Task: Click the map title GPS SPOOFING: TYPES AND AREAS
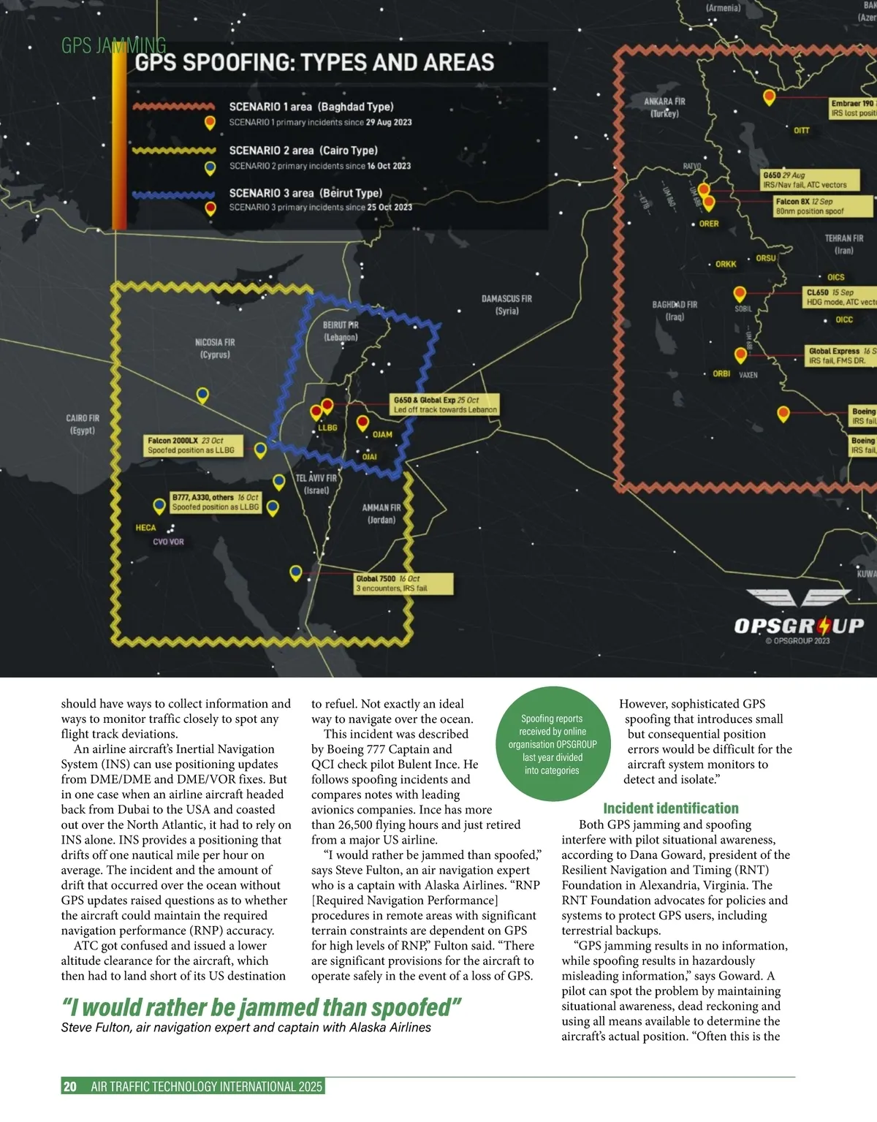click(x=314, y=63)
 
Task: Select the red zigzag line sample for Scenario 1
click(x=174, y=107)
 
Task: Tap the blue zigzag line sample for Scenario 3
click(x=174, y=194)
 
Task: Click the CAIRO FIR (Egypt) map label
click(x=82, y=424)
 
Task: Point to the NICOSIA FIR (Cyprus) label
click(x=215, y=348)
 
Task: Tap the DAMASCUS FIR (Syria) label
click(x=506, y=305)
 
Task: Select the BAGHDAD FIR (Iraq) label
click(x=675, y=311)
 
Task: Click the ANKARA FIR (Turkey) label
click(x=664, y=107)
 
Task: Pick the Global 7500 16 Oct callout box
click(x=403, y=583)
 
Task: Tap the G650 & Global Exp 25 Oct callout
click(x=445, y=405)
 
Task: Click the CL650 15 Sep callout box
click(x=839, y=297)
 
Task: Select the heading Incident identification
click(x=670, y=808)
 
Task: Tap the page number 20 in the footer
click(x=70, y=1086)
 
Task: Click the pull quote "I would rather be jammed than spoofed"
click(x=261, y=1007)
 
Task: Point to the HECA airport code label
click(x=145, y=528)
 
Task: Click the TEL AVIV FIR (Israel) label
click(x=316, y=484)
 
